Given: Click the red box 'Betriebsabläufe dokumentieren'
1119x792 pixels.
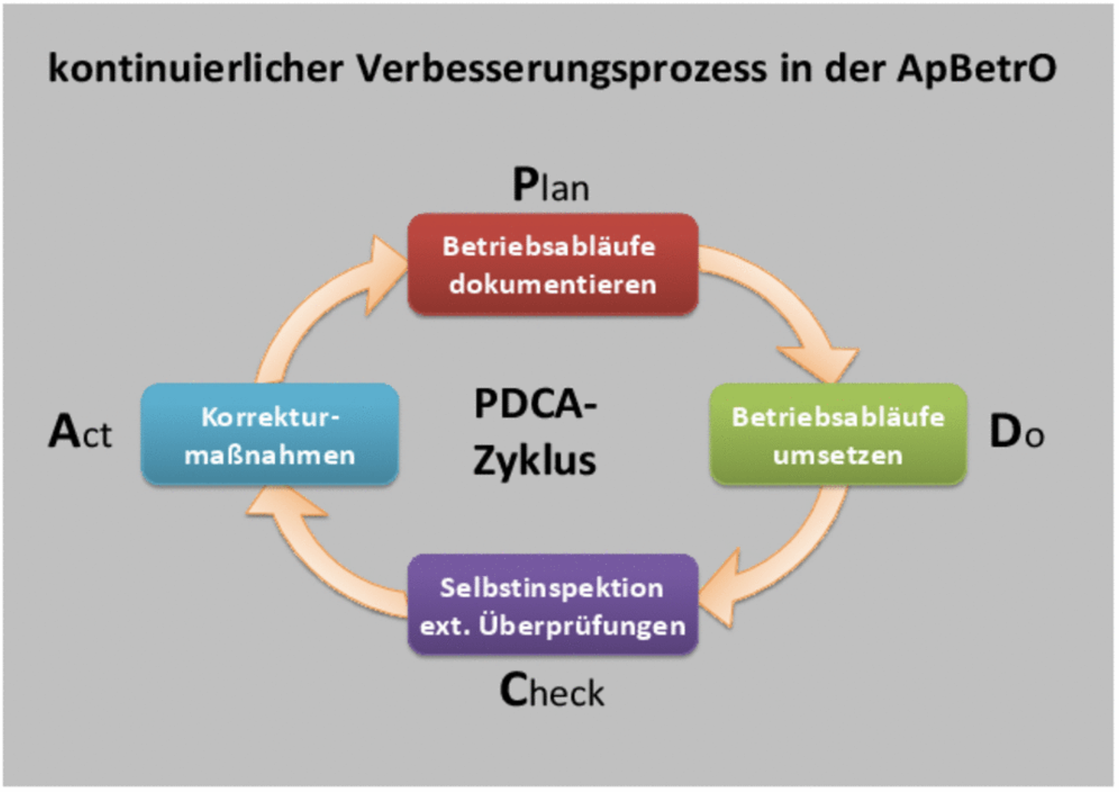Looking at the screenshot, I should [x=552, y=264].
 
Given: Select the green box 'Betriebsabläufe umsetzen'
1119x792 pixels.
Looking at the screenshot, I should [x=838, y=435].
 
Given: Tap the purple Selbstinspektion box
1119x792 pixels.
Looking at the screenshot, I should [x=552, y=605].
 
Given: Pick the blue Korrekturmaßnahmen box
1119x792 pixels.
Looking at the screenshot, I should [x=270, y=435].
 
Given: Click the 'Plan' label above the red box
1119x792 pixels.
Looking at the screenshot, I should [x=551, y=185].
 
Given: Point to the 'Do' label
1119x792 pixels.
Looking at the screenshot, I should [x=1016, y=432].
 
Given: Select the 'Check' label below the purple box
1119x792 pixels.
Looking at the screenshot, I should [x=551, y=691].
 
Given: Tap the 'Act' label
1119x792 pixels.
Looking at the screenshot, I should [x=80, y=432].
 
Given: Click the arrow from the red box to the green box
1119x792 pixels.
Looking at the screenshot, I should [x=783, y=304].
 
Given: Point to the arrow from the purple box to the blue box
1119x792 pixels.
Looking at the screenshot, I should [x=316, y=562].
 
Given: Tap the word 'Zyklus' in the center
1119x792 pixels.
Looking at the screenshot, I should [x=534, y=461].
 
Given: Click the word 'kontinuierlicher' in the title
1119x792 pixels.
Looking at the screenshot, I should [x=195, y=68].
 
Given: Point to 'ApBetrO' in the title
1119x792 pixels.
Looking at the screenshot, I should [x=976, y=68].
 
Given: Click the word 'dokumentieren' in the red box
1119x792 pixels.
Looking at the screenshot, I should [x=552, y=284].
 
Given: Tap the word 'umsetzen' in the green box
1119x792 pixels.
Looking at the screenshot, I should [x=838, y=455].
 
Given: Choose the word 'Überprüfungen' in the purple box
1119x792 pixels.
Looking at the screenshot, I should [x=582, y=625].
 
